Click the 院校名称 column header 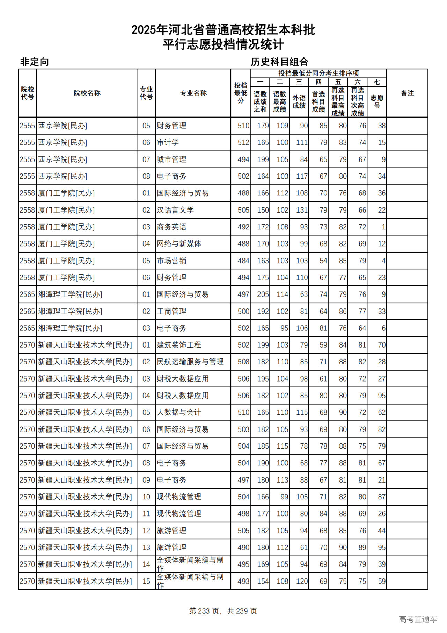[87, 93]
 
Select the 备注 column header [407, 93]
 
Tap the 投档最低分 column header [241, 93]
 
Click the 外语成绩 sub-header [299, 101]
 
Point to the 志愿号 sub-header [377, 101]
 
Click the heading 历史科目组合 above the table [279, 62]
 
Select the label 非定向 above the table [34, 62]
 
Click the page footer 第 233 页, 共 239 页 [223, 611]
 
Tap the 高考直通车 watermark [418, 619]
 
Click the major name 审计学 [168, 142]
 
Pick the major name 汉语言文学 [175, 210]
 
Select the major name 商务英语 [171, 227]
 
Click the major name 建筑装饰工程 [179, 345]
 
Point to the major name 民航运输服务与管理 [190, 362]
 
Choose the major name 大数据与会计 [179, 412]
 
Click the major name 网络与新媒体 [179, 244]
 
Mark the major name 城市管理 [171, 159]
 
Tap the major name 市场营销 [171, 261]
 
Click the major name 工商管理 [171, 311]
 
